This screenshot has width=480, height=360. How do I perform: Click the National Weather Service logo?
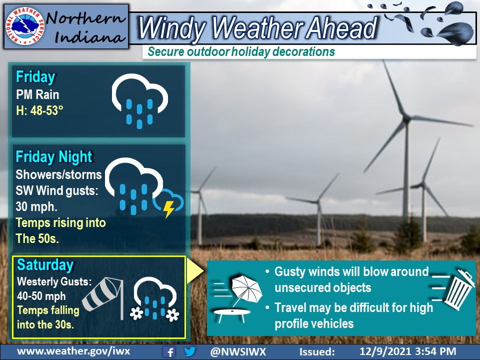coord(25,26)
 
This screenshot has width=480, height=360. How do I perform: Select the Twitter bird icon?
coord(190,351)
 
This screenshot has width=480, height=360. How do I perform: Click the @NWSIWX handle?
coord(238,351)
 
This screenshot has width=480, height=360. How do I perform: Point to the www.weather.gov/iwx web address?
coord(73,351)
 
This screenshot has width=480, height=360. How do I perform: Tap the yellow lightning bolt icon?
coord(168,209)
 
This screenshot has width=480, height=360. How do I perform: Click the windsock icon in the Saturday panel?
coord(103,298)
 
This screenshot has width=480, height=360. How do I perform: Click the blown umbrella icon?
coord(246,289)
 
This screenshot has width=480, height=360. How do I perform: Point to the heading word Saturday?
coord(45,265)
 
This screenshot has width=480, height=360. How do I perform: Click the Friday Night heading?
coord(54,157)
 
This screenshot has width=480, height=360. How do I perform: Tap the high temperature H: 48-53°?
coord(40,110)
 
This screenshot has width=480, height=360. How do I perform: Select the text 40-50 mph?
coord(41,296)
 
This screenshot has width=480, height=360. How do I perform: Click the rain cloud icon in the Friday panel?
coord(139,100)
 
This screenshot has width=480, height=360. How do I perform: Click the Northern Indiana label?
coord(85,26)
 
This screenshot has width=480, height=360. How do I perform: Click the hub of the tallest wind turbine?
coord(406,118)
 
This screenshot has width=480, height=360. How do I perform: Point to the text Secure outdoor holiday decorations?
coord(241,51)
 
